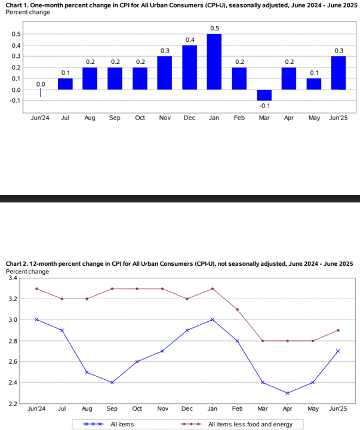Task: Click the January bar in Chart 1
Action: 214,62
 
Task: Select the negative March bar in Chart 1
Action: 264,95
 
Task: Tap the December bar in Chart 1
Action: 189,67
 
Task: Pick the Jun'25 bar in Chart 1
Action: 339,73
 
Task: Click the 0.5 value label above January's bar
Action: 215,29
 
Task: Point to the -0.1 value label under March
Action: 264,106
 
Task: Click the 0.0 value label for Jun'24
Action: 41,84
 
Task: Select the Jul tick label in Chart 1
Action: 65,118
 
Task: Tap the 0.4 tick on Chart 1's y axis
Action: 16,45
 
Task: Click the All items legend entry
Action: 108,424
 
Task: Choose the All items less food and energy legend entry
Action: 236,424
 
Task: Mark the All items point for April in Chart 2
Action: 287,393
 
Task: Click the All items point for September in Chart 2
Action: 112,382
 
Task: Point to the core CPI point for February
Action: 238,309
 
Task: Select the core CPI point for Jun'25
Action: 338,330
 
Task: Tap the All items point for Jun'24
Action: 37,320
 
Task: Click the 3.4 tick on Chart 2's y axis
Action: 13,278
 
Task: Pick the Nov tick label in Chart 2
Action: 162,409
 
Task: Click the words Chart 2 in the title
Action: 17,264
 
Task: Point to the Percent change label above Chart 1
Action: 28,13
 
